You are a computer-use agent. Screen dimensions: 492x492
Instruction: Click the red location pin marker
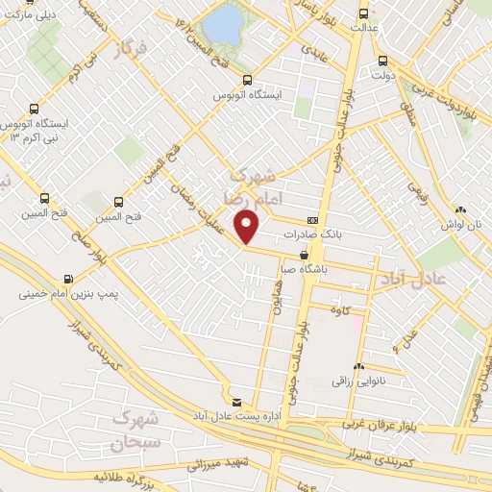click(248, 226)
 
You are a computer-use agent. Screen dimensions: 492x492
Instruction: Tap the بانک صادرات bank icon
click(311, 220)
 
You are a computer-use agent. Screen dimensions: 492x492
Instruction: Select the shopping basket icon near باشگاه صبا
click(304, 256)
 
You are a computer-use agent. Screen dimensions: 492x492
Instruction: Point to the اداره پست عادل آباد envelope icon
click(237, 401)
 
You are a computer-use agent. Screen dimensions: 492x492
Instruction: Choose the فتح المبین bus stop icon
click(118, 203)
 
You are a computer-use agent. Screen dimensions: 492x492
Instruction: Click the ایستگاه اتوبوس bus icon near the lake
click(248, 82)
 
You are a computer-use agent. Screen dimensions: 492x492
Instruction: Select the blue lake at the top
click(224, 26)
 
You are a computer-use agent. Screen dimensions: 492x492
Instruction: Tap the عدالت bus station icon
click(362, 13)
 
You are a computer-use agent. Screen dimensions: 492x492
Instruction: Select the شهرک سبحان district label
click(133, 430)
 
